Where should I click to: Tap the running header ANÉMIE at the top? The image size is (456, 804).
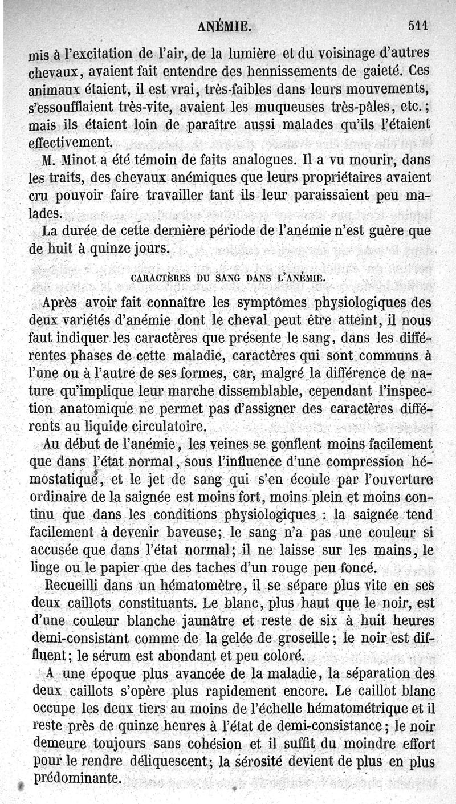click(x=224, y=26)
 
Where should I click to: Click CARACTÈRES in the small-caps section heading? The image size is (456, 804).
click(x=158, y=278)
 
